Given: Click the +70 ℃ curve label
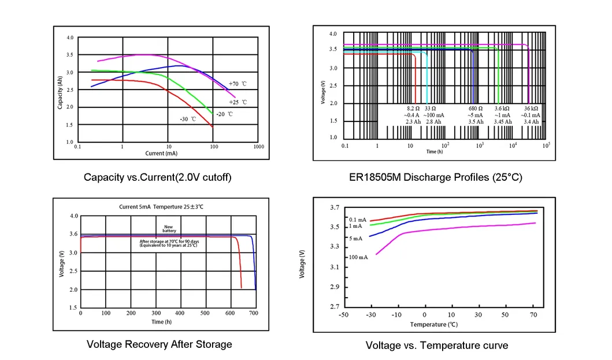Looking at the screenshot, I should (x=238, y=84).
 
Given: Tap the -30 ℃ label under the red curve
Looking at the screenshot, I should (x=188, y=119).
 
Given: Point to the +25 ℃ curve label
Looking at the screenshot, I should (x=238, y=102).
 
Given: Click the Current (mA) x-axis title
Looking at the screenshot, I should (x=162, y=153).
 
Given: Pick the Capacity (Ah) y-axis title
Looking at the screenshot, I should (x=60, y=93).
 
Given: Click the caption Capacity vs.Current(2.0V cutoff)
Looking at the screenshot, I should (x=157, y=177).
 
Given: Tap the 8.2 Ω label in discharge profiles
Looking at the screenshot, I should (x=413, y=109).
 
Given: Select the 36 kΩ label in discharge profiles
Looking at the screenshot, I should (x=530, y=109).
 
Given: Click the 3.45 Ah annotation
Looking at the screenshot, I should (x=502, y=122).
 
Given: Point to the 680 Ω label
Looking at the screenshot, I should (x=475, y=109).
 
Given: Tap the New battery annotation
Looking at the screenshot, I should (x=169, y=229).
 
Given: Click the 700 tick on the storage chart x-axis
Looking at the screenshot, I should (x=253, y=313).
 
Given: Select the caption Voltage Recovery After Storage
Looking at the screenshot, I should (x=159, y=344).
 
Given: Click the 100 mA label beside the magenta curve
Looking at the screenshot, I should (x=358, y=257).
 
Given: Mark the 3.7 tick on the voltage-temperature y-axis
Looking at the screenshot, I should (x=334, y=207).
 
